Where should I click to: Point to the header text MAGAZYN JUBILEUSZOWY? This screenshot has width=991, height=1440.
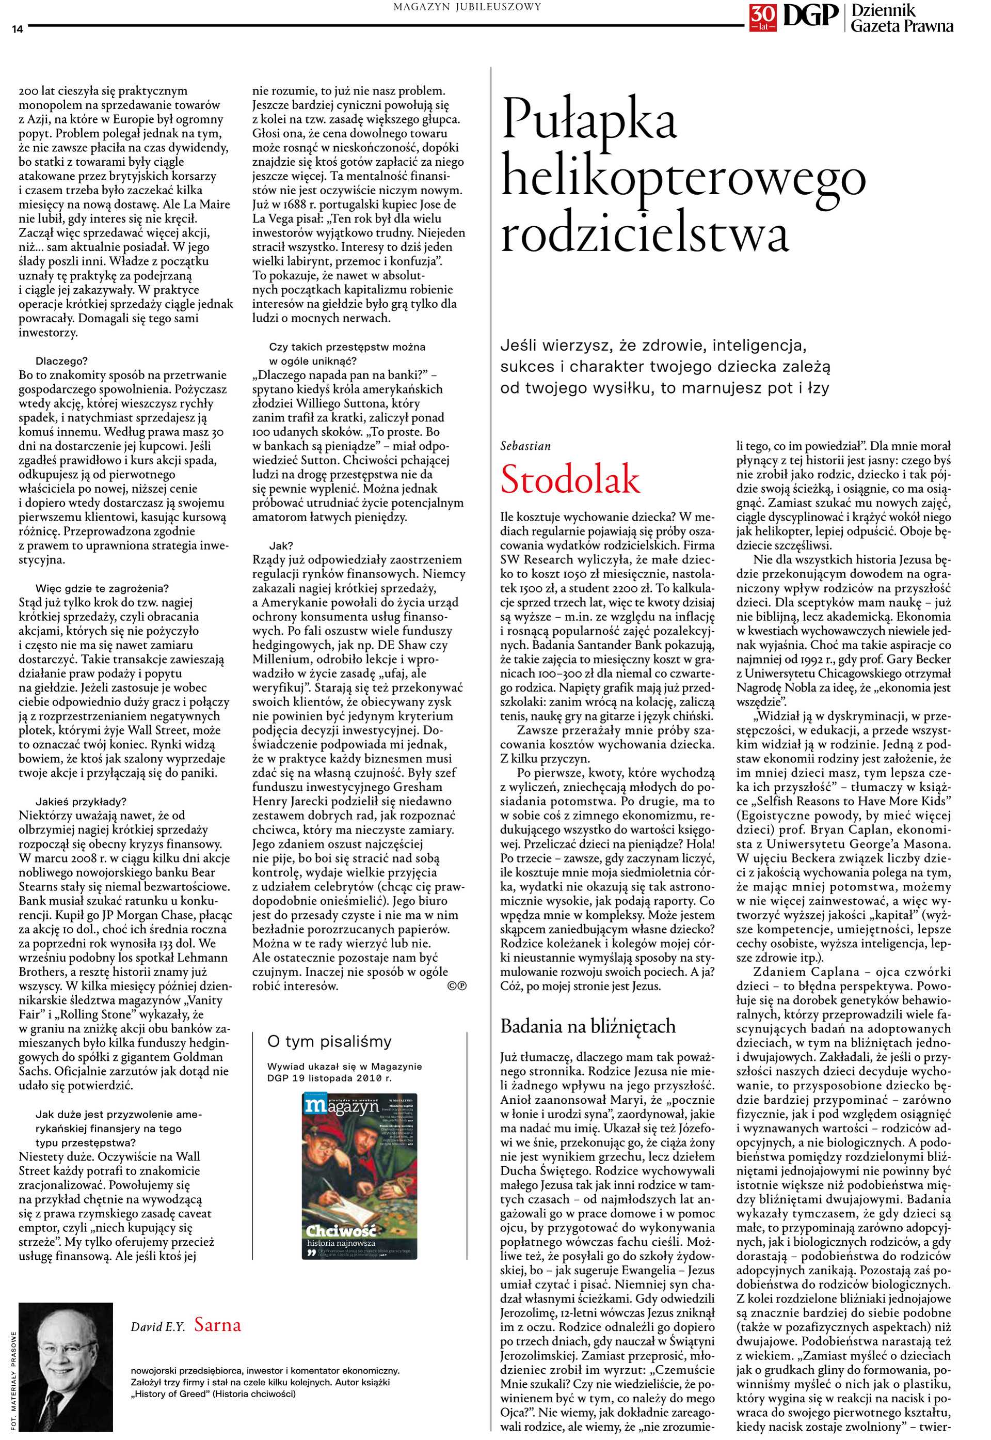click(468, 7)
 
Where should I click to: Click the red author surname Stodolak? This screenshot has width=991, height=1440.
click(569, 480)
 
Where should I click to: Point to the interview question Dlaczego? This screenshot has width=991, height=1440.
click(61, 361)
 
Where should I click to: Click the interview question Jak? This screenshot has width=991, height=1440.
click(281, 546)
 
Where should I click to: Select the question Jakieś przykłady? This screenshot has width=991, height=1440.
click(81, 802)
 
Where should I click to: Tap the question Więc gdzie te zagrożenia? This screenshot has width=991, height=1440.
click(102, 588)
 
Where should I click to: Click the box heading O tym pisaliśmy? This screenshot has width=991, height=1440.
click(329, 1041)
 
